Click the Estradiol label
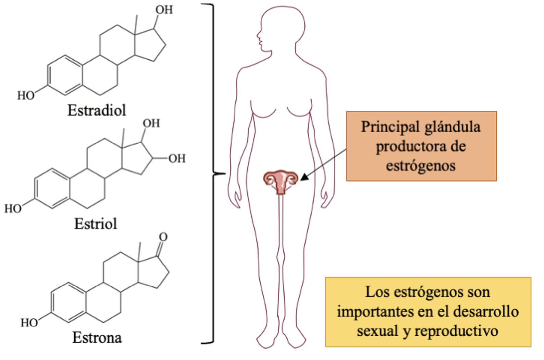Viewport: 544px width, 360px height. pyautogui.click(x=97, y=110)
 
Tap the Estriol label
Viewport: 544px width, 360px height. pyautogui.click(x=96, y=224)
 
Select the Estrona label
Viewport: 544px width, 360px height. pyautogui.click(x=97, y=338)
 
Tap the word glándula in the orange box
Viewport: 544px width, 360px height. pyautogui.click(x=452, y=127)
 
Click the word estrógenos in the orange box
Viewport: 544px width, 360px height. pyautogui.click(x=421, y=166)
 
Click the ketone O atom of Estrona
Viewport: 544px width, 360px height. pyautogui.click(x=163, y=237)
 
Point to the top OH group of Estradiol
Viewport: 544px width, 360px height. pyautogui.click(x=164, y=10)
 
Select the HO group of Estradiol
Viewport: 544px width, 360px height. pyautogui.click(x=26, y=95)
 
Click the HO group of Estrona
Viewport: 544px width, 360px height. pyautogui.click(x=29, y=323)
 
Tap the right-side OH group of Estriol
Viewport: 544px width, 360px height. pyautogui.click(x=177, y=158)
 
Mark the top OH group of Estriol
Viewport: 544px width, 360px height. pyautogui.click(x=151, y=123)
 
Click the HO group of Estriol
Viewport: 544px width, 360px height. pyautogui.click(x=13, y=208)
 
